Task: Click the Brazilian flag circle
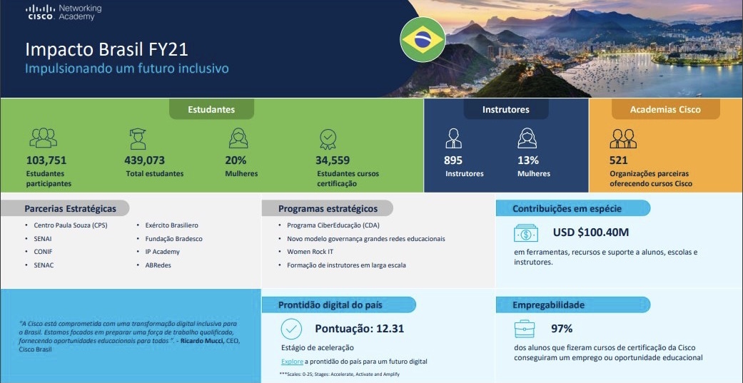tap(423, 40)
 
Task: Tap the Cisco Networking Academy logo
tap(64, 13)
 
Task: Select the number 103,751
tap(46, 160)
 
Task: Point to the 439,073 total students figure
tap(144, 160)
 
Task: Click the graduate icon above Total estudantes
tap(138, 138)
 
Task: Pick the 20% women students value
tap(236, 160)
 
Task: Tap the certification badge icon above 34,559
tap(328, 139)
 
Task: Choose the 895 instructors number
tap(453, 160)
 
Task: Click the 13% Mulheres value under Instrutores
tap(528, 160)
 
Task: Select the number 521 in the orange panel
tap(618, 160)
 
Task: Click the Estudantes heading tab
tap(211, 109)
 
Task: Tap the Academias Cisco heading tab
tap(665, 109)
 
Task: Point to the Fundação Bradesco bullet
tap(174, 239)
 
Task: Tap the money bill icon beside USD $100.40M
tap(526, 233)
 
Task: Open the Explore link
tap(292, 362)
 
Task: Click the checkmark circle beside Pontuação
tap(291, 329)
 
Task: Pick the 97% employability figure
tap(562, 329)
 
